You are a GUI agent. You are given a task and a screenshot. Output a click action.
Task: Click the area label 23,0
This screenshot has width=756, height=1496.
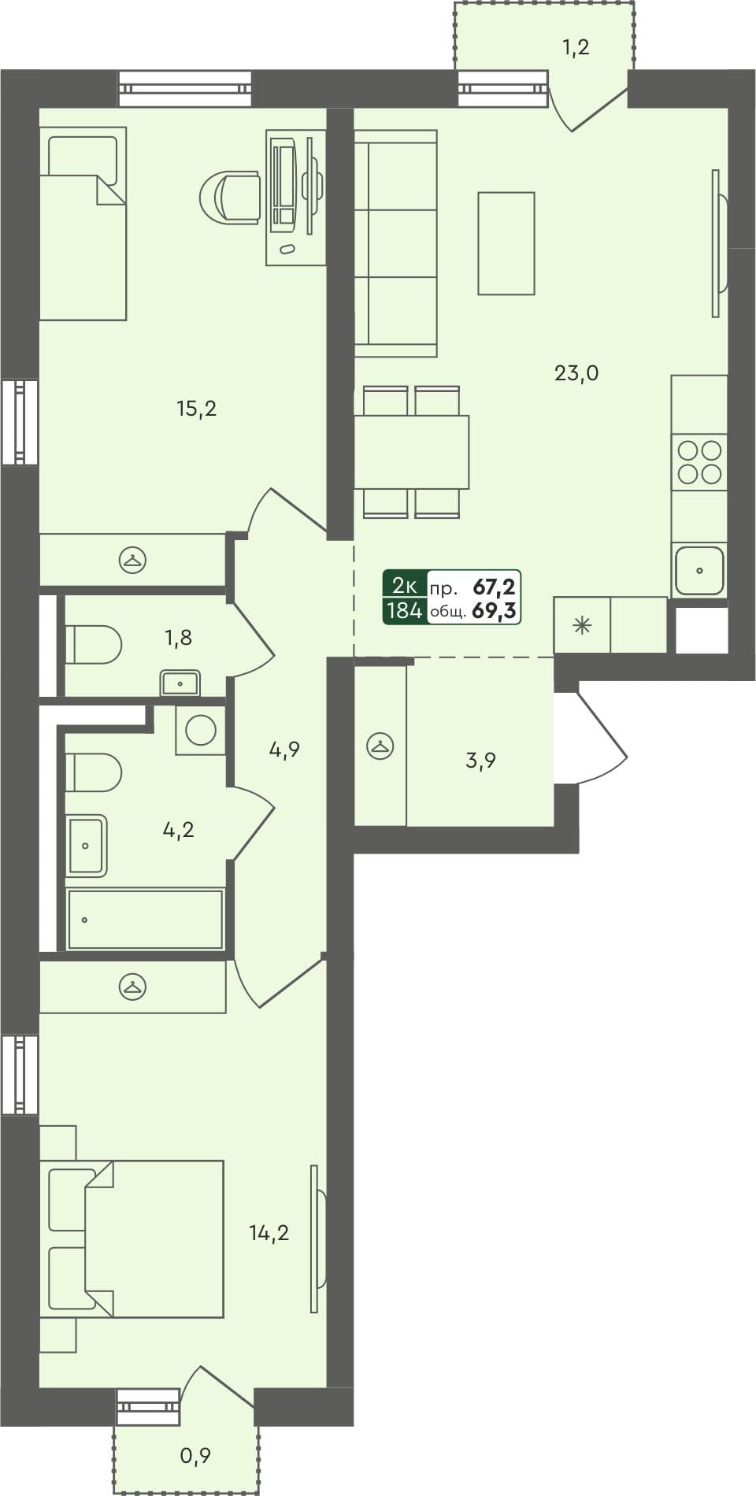click(x=576, y=373)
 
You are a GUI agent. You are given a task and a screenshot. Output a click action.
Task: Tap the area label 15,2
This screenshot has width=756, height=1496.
click(x=196, y=409)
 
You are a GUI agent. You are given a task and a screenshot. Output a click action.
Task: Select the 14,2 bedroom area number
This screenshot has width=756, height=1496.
click(x=269, y=1233)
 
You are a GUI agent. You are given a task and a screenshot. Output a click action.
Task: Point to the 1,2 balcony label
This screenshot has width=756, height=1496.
click(x=576, y=48)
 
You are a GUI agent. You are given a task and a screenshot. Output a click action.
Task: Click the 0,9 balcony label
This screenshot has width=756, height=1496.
click(x=195, y=1456)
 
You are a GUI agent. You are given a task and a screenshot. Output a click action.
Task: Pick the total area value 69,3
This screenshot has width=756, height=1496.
click(x=494, y=611)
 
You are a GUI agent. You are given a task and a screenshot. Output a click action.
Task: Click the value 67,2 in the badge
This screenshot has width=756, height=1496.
click(x=494, y=587)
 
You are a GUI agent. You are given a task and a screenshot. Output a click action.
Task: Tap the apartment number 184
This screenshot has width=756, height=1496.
click(x=404, y=610)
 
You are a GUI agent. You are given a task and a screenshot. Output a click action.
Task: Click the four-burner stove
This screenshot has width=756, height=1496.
click(x=699, y=462)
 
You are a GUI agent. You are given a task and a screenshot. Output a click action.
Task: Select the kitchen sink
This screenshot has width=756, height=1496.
click(x=699, y=570)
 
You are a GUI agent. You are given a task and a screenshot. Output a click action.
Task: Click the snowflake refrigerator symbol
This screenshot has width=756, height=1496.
click(x=582, y=627)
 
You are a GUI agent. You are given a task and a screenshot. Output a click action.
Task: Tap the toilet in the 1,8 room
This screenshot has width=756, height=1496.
click(x=92, y=645)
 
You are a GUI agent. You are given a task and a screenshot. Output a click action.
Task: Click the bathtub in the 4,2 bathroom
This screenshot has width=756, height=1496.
click(x=145, y=919)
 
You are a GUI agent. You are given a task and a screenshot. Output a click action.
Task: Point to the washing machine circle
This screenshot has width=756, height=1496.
click(x=201, y=730)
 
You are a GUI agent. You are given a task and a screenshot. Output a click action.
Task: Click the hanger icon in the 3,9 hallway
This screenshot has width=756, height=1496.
click(x=380, y=746)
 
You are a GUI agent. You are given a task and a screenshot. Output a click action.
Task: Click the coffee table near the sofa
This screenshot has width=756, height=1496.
click(x=506, y=243)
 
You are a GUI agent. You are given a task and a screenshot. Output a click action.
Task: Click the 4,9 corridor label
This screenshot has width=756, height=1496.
click(x=284, y=750)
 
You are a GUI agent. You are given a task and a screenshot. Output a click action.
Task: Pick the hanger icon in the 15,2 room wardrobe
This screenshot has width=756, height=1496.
click(x=132, y=560)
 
